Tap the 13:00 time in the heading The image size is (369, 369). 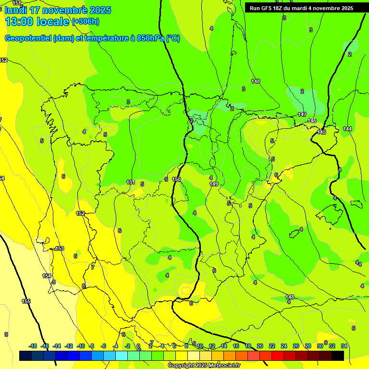click(22, 22)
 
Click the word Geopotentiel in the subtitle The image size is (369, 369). click(28, 38)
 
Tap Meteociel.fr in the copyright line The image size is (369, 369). click(221, 366)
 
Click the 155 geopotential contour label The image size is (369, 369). click(26, 302)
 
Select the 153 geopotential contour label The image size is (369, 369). click(60, 248)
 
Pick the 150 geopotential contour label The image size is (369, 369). click(176, 179)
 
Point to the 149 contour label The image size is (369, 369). click(214, 184)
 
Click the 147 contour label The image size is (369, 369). click(302, 114)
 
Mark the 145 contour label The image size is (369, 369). click(321, 132)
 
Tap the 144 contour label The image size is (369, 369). click(347, 129)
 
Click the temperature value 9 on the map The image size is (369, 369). click(6, 334)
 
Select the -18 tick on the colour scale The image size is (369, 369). click(33, 346)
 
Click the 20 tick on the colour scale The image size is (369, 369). click(260, 346)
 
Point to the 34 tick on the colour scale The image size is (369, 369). click(344, 346)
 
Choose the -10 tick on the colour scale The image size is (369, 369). click(81, 346)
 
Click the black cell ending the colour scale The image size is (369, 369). click(337, 356)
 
